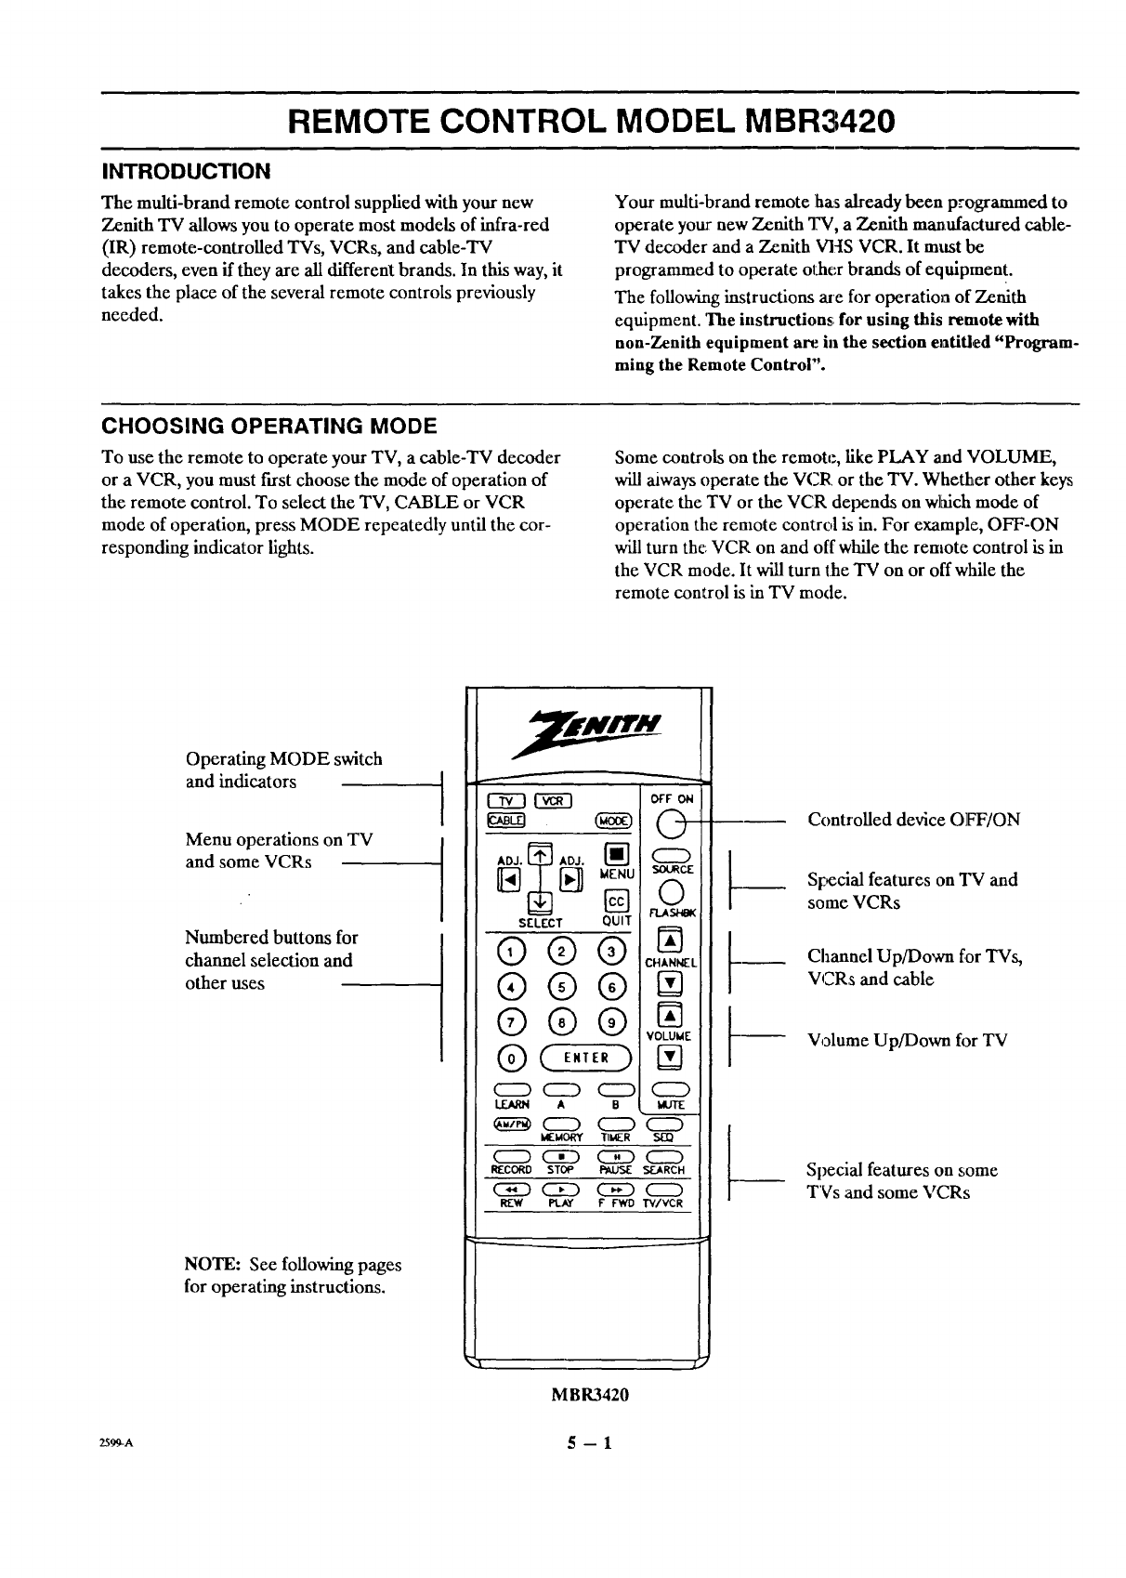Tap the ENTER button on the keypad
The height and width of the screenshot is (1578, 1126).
tap(587, 1057)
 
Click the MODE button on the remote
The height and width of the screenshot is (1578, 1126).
tap(613, 821)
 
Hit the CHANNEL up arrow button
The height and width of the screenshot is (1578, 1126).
tap(671, 938)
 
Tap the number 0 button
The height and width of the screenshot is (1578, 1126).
tap(508, 1058)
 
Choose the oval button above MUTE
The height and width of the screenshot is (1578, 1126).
tap(671, 1090)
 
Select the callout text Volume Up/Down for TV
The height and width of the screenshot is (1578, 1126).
tap(907, 1040)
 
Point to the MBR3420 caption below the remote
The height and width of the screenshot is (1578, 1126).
tap(591, 1395)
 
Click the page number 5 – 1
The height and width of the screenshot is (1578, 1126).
tap(591, 1445)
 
